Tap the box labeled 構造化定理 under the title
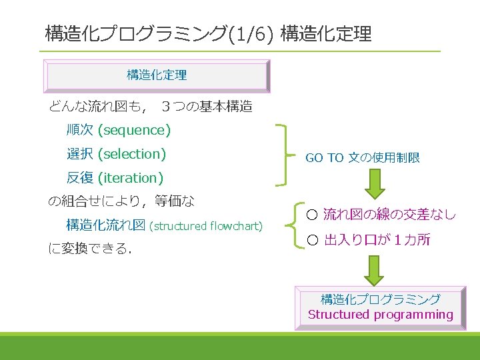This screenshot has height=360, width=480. (157, 75)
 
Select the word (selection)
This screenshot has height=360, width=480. (131, 154)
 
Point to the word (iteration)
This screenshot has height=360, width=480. (131, 178)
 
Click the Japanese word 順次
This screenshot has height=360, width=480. (79, 130)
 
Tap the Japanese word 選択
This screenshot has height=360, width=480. (79, 154)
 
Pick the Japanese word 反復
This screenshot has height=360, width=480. (79, 178)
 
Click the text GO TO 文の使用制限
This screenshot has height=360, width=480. (363, 158)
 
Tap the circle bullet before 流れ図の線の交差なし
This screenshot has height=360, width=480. (312, 215)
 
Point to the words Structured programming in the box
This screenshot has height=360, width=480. (380, 315)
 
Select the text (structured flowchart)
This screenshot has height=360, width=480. (207, 226)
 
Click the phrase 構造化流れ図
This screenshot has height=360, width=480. (105, 225)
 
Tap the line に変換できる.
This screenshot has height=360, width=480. (90, 249)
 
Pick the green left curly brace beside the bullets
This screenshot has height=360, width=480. (298, 227)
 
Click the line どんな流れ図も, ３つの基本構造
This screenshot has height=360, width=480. (150, 106)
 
